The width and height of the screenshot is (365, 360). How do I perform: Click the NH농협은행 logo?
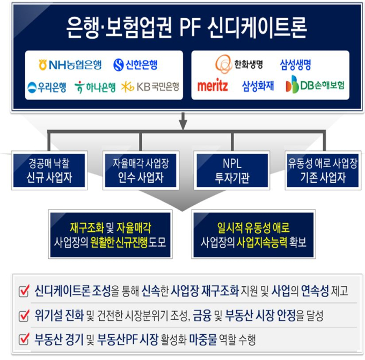click(x=70, y=65)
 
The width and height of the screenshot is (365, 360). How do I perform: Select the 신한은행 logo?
click(x=135, y=65)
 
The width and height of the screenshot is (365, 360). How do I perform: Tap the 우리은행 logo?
click(x=47, y=88)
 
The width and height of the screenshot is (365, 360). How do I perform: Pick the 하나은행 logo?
click(x=95, y=87)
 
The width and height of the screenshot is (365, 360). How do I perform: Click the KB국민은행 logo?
click(x=150, y=87)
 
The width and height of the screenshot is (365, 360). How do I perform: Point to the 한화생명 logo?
click(x=239, y=64)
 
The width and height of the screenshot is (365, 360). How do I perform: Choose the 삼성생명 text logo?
click(x=295, y=65)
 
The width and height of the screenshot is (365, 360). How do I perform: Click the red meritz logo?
click(x=213, y=85)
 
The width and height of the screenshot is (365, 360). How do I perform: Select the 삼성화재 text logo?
click(x=258, y=86)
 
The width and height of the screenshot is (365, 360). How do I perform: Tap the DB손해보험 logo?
click(x=315, y=84)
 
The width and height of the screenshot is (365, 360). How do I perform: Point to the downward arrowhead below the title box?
click(x=183, y=125)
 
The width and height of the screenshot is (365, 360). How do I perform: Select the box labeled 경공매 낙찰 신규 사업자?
click(x=49, y=170)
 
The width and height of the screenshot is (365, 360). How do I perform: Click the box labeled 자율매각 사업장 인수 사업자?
click(x=141, y=170)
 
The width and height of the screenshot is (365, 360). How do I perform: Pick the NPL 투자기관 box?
click(x=232, y=170)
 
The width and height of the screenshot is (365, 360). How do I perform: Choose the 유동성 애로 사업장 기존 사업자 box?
click(x=323, y=170)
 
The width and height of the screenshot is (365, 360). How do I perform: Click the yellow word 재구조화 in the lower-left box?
click(x=87, y=228)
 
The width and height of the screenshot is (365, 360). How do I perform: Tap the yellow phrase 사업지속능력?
click(x=261, y=242)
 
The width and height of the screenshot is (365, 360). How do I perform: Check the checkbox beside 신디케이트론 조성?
click(x=24, y=291)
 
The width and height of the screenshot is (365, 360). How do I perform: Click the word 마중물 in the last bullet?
click(x=203, y=339)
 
